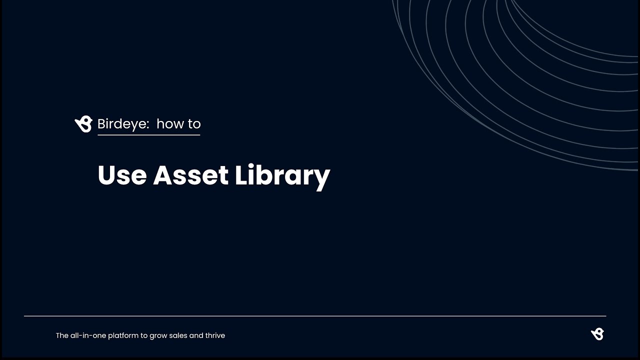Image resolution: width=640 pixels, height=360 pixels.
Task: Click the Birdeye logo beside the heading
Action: tap(83, 124)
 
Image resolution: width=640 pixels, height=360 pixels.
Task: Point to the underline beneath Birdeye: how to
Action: tap(148, 134)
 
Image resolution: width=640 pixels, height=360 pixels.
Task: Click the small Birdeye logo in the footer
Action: tap(597, 334)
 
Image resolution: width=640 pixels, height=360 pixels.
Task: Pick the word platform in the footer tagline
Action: tap(123, 335)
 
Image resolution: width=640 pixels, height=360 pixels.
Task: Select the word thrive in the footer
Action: tap(215, 335)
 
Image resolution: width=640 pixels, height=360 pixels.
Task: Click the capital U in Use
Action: tap(106, 175)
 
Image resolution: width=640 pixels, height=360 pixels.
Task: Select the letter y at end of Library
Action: tap(322, 178)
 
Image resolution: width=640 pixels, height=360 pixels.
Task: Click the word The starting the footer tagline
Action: tap(62, 335)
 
